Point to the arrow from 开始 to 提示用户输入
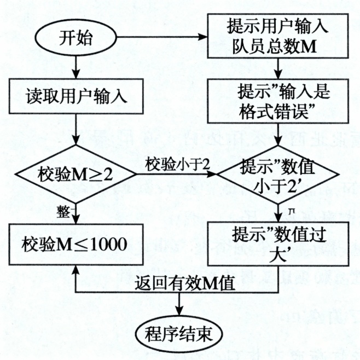161,38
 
